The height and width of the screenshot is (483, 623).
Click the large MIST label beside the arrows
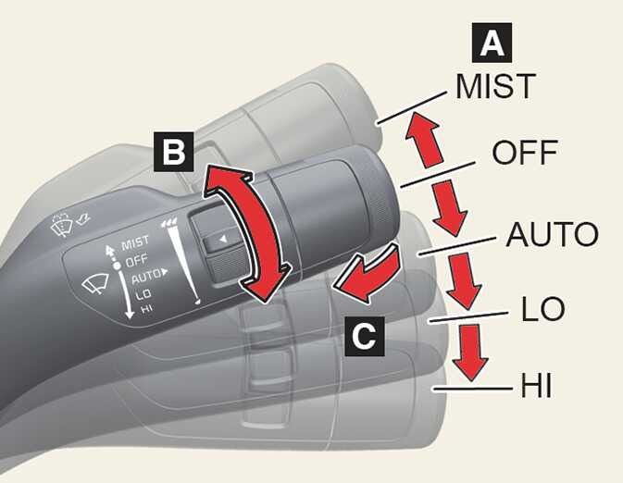pos(495,86)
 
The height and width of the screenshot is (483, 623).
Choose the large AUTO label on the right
pos(552,235)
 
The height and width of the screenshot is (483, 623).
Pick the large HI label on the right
pos(531,384)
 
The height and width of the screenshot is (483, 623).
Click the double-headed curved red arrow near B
pos(239,231)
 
